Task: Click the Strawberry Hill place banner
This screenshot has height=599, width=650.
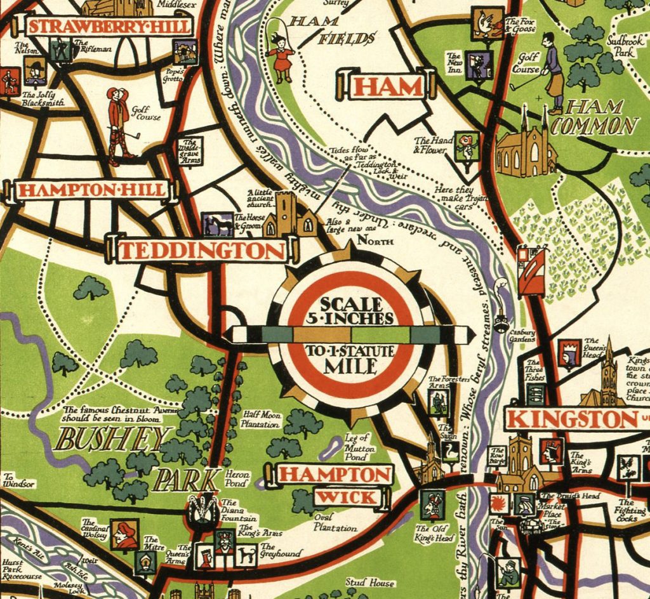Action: [x=109, y=26]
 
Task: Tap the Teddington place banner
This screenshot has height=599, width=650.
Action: [x=202, y=250]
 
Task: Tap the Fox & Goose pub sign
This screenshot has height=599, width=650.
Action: [x=487, y=23]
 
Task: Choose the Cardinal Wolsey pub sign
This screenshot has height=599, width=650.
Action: [x=124, y=534]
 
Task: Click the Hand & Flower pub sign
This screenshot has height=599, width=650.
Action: [x=467, y=147]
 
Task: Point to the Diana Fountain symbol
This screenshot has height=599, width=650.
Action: [x=202, y=511]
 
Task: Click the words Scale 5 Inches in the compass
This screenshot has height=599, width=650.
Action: [x=352, y=311]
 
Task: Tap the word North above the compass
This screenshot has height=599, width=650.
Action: [x=375, y=241]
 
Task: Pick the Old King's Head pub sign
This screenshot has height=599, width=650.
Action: [x=433, y=505]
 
